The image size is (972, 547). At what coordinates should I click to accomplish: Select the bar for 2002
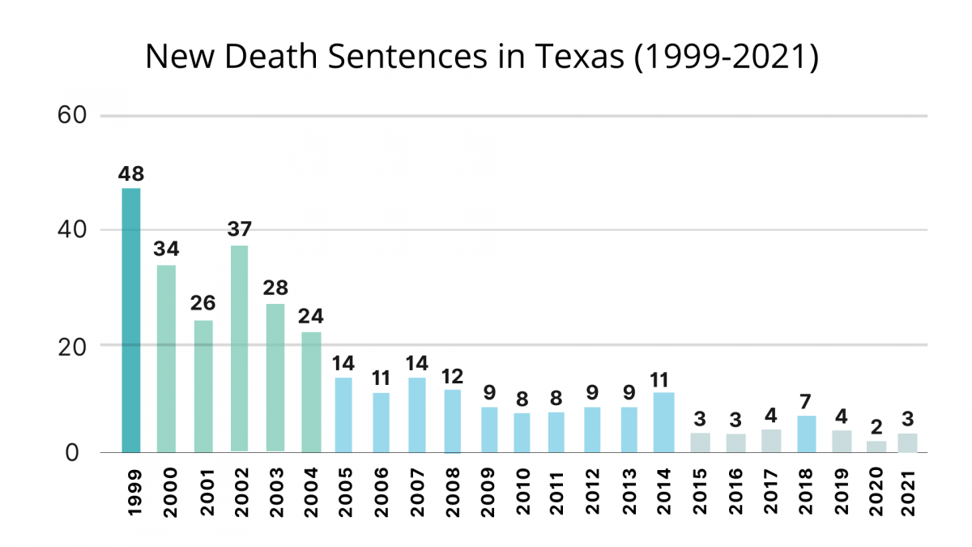point(239,348)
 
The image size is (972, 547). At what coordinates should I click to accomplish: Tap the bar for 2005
point(343,415)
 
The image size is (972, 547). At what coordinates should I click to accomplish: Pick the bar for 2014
point(663,422)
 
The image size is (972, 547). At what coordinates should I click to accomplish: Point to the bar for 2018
point(806,434)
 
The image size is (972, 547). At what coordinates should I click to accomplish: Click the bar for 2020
point(877,447)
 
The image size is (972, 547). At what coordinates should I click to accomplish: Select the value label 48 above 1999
point(131,173)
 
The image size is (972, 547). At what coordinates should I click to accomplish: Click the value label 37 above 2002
point(239,229)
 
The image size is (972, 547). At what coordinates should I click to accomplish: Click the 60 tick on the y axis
point(72,116)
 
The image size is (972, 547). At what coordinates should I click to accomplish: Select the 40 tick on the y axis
point(72,230)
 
